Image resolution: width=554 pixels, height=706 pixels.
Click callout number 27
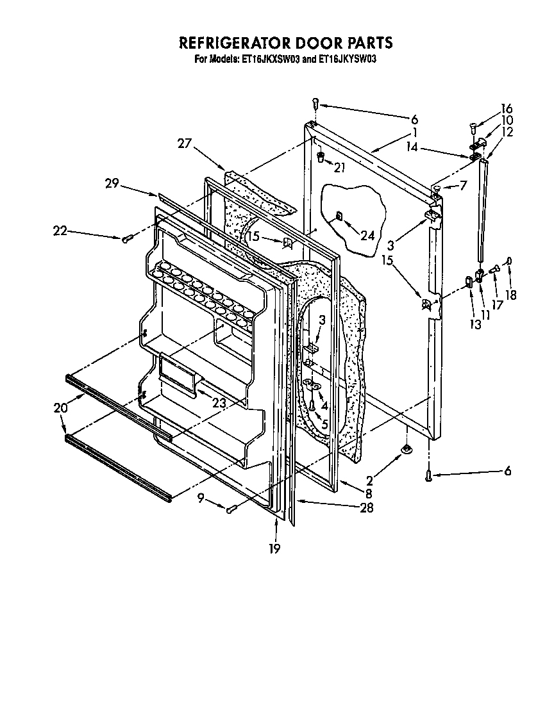[185, 145]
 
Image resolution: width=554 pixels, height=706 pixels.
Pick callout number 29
[113, 183]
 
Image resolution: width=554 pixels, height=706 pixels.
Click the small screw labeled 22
[126, 239]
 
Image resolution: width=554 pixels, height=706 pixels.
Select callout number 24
[367, 235]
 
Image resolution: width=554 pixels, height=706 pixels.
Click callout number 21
[339, 168]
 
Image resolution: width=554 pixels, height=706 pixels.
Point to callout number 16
[507, 108]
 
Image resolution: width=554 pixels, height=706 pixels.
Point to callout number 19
[274, 549]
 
